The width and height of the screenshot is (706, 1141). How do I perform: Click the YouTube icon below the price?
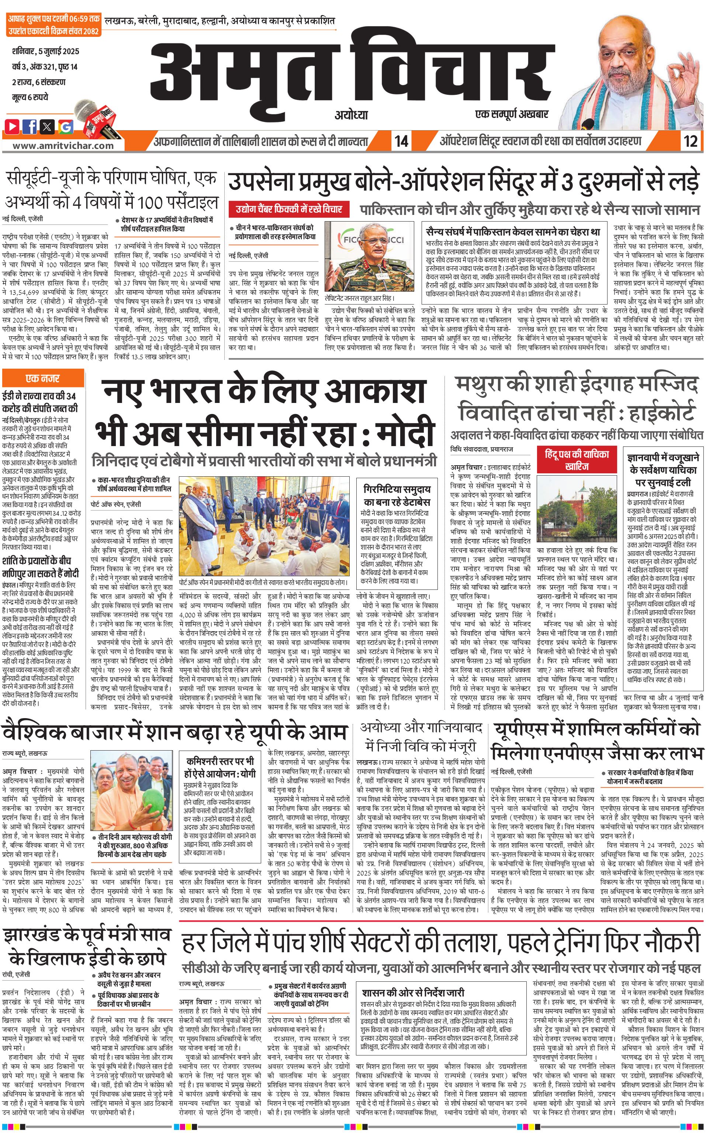pos(13,126)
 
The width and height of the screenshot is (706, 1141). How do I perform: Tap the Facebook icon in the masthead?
pos(30,126)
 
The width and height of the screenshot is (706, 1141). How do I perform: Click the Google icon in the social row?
pos(65,126)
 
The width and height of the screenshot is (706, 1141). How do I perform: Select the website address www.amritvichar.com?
pos(63,145)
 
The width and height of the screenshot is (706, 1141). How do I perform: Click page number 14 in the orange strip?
pos(401,141)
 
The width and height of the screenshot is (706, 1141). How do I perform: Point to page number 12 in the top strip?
pos(690,141)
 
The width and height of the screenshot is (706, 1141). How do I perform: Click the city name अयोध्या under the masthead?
pos(351,115)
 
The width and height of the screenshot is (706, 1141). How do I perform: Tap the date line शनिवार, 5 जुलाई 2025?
pos(46,51)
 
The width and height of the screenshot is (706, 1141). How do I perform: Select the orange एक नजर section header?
pos(37,378)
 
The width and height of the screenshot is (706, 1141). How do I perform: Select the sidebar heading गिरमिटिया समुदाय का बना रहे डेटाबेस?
pos(397,495)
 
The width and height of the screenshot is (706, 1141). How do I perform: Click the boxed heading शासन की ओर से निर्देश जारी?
pos(413,992)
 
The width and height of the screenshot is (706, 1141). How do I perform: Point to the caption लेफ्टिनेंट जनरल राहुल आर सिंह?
pos(360,298)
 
